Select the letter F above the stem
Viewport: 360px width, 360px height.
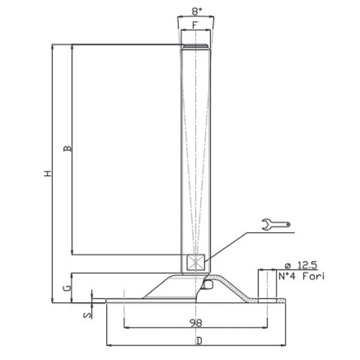pyautogui.click(x=195, y=25)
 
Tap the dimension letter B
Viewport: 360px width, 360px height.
pyautogui.click(x=67, y=148)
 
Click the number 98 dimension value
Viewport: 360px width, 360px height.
pyautogui.click(x=195, y=323)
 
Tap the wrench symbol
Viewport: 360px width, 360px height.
pyautogui.click(x=277, y=224)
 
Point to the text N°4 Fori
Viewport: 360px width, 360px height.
pyautogui.click(x=302, y=277)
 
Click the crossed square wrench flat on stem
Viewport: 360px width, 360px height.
pyautogui.click(x=196, y=262)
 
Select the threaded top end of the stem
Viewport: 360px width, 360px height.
pyautogui.click(x=195, y=46)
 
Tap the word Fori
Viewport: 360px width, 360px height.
pyautogui.click(x=314, y=277)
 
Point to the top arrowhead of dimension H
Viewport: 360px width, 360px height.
pyautogui.click(x=53, y=46)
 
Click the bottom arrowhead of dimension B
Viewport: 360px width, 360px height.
pyautogui.click(x=72, y=252)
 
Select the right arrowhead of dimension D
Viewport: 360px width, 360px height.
pyautogui.click(x=284, y=346)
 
